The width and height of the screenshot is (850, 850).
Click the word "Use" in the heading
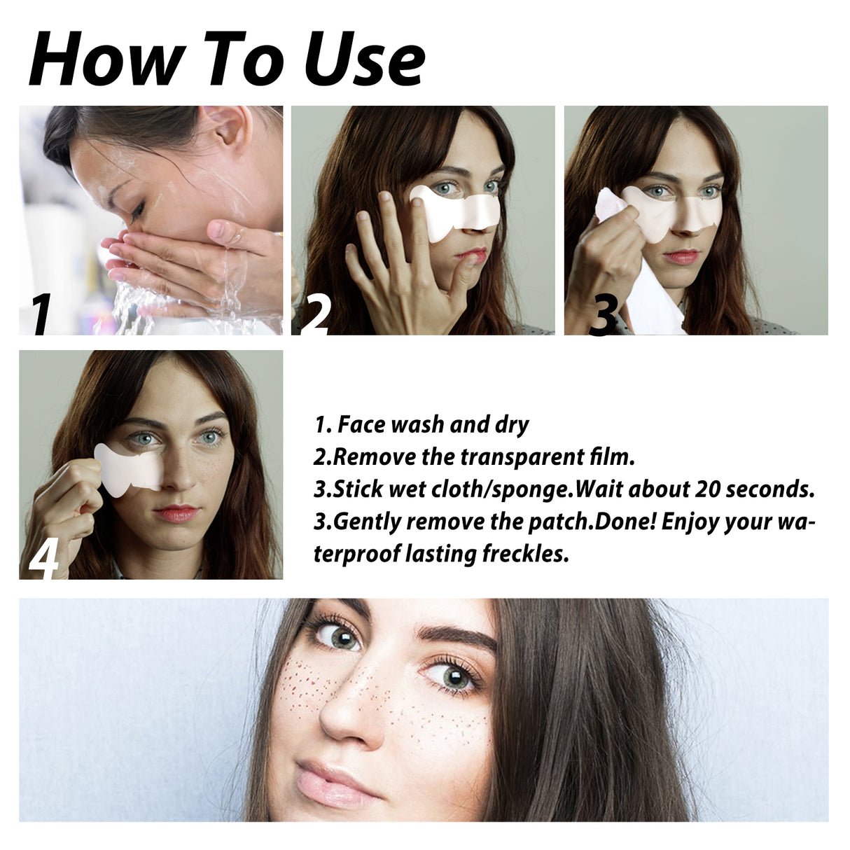click(x=365, y=60)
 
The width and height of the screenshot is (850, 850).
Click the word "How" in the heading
click(x=102, y=60)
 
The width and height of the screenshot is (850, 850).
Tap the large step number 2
click(x=315, y=314)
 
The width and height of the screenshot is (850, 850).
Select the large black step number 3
click(x=602, y=314)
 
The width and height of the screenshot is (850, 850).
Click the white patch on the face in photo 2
click(x=455, y=211)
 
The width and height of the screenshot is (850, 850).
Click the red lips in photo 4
click(x=176, y=513)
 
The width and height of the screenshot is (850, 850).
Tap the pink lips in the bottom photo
click(x=332, y=781)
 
